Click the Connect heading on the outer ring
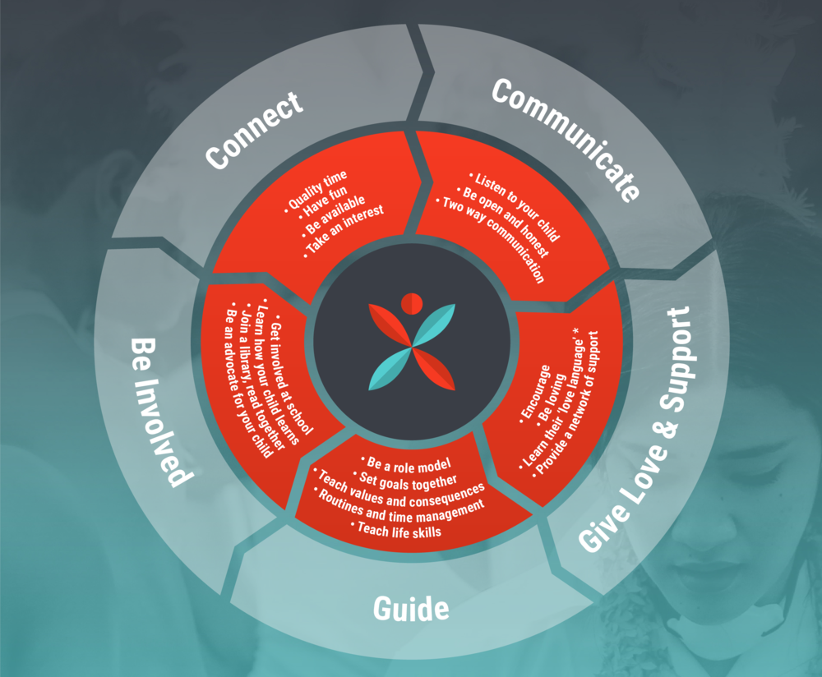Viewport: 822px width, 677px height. click(254, 131)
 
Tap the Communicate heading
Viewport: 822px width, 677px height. click(566, 139)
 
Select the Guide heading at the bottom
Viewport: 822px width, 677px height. click(411, 608)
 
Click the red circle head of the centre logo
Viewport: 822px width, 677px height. click(412, 303)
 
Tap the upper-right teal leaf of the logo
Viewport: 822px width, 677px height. click(434, 324)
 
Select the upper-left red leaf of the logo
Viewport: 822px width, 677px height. click(390, 325)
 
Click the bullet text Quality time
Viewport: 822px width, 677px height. click(316, 191)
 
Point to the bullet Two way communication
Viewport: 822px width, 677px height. click(492, 239)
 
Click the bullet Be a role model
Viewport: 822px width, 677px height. click(406, 463)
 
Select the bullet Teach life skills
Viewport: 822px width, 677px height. click(397, 530)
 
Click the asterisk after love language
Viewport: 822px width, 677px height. click(576, 331)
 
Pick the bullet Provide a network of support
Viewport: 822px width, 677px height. click(566, 403)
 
